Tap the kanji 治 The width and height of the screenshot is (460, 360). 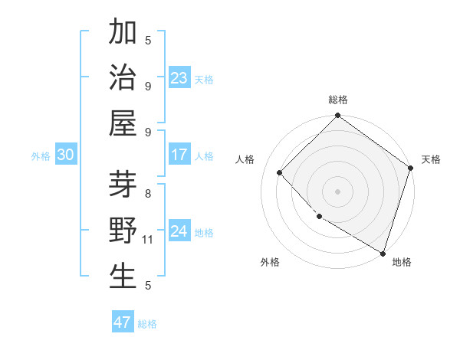click(x=123, y=78)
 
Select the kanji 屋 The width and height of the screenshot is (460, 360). click(x=123, y=123)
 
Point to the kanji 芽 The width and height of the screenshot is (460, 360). click(x=123, y=185)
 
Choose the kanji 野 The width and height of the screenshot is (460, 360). click(x=123, y=231)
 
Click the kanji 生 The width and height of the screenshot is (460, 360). click(x=123, y=277)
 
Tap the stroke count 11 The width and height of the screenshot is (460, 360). click(x=149, y=241)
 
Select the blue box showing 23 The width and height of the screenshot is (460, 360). click(x=179, y=77)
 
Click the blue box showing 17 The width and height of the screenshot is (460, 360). click(x=179, y=155)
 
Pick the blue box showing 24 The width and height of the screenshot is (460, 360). click(x=179, y=231)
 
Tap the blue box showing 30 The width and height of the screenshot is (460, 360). click(x=66, y=155)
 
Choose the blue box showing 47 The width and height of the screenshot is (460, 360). click(x=123, y=322)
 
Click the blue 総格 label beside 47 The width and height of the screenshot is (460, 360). click(x=147, y=324)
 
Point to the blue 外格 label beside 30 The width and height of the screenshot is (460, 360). click(x=41, y=156)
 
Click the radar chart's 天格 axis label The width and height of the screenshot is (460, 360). click(x=431, y=159)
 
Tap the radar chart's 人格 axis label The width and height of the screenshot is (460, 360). click(x=245, y=159)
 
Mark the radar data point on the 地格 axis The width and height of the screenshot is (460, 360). click(x=383, y=253)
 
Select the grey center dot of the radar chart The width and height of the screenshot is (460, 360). click(x=337, y=191)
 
